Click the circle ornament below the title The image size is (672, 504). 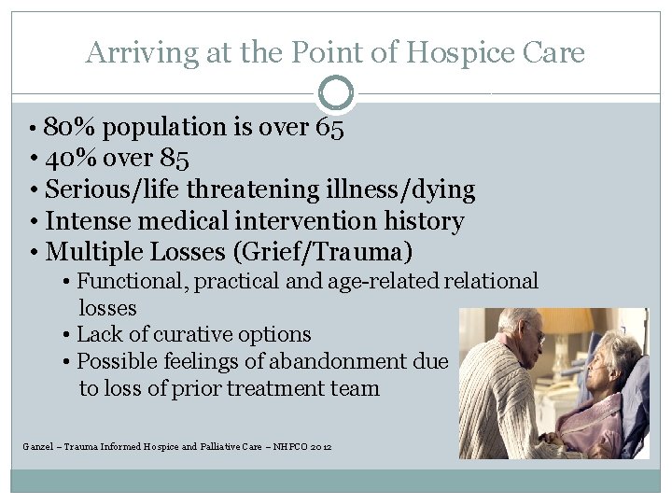pyautogui.click(x=336, y=93)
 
